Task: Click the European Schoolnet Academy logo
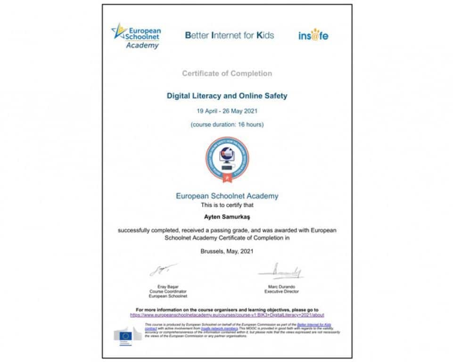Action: (136, 35)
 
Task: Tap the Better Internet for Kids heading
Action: (229, 35)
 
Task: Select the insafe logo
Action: (313, 35)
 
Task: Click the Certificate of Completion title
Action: (227, 73)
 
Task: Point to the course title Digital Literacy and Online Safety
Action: (227, 96)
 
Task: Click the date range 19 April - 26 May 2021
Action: (227, 111)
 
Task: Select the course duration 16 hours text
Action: (227, 124)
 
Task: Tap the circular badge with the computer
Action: (227, 158)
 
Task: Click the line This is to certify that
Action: (227, 205)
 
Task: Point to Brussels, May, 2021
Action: (227, 251)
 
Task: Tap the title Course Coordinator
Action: (168, 291)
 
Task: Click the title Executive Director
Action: (281, 291)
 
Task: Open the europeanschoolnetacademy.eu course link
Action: (227, 314)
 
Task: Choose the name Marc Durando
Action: (281, 287)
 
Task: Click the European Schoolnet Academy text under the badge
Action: (227, 196)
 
